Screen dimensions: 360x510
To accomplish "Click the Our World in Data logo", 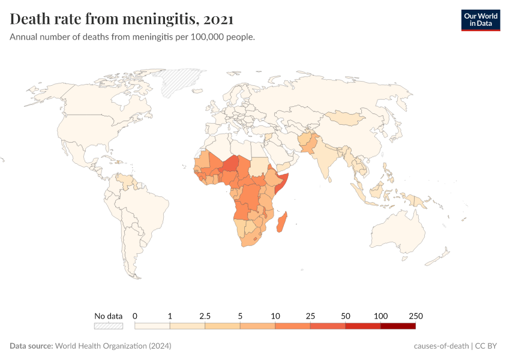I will point(480,19).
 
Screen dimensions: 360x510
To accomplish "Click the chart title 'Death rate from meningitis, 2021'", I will point(122,19).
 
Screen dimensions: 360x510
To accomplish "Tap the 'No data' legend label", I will point(108,316).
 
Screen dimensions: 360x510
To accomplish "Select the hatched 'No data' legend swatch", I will point(108,326).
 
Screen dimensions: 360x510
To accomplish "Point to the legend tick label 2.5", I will point(205,316).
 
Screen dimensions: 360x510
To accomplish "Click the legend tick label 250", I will point(415,316).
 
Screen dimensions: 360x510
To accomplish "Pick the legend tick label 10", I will point(275,316).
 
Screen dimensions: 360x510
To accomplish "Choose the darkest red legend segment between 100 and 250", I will point(398,326).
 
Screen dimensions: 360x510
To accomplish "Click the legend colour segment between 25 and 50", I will point(328,326).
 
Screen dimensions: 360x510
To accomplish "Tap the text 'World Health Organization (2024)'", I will point(113,346).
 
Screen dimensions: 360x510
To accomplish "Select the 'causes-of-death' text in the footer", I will point(441,346).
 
